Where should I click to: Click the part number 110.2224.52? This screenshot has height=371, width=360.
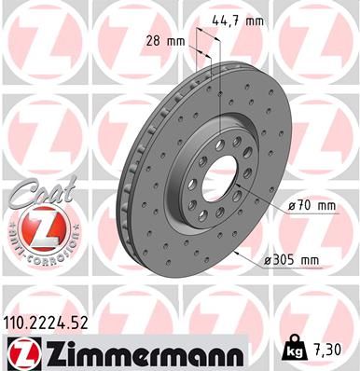pos(51,323)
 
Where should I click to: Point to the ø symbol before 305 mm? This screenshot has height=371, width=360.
pos(270,260)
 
